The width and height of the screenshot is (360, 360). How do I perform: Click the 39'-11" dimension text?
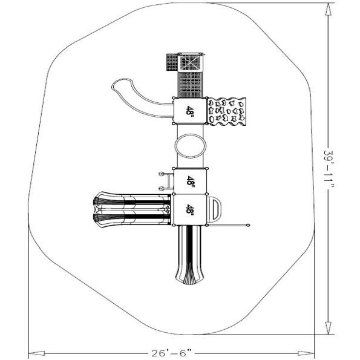click(329, 169)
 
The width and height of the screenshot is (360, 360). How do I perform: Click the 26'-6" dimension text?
click(172, 353)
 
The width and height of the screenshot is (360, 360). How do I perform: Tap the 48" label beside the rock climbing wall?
click(190, 111)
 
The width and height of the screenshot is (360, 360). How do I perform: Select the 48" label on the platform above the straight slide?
click(190, 209)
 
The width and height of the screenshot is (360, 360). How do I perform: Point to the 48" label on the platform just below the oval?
click(190, 181)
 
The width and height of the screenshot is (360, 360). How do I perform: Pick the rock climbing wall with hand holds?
click(227, 111)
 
